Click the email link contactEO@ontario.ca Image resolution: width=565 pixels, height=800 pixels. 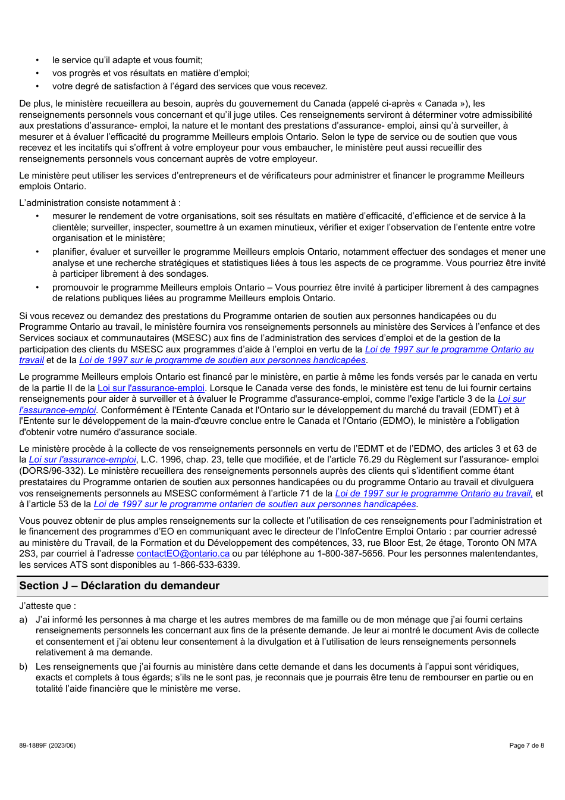point(183,554)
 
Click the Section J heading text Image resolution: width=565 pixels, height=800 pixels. point(119,586)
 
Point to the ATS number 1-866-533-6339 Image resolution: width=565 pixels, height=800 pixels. point(205,565)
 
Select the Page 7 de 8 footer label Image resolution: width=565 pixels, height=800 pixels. point(526,745)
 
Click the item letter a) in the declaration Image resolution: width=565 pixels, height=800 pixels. point(23,620)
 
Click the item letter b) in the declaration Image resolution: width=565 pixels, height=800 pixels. point(23,667)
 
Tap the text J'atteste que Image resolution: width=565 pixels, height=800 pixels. point(48,606)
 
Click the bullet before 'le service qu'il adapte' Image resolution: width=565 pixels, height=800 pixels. point(37,60)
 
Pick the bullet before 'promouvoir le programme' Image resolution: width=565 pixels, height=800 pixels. point(37,287)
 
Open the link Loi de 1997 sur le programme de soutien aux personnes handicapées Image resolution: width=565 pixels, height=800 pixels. point(222,360)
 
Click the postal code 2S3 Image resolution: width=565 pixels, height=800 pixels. point(27,554)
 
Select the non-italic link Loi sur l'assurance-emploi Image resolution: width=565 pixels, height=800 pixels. point(150,388)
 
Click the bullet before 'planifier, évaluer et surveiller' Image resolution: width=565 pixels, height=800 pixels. point(37,252)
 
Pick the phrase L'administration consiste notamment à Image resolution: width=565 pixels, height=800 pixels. point(99,203)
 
